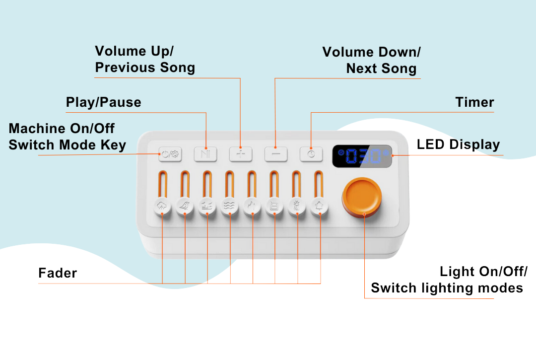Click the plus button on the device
click(241, 154)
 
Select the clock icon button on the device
click(311, 154)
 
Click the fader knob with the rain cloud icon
click(162, 206)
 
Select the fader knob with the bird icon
click(185, 206)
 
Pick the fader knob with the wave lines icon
click(230, 206)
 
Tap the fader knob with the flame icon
click(253, 206)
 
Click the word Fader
click(58, 273)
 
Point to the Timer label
click(474, 103)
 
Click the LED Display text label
click(458, 145)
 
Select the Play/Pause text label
click(103, 103)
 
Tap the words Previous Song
click(145, 68)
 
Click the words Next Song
click(381, 69)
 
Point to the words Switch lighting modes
click(447, 288)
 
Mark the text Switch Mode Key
click(67, 145)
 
